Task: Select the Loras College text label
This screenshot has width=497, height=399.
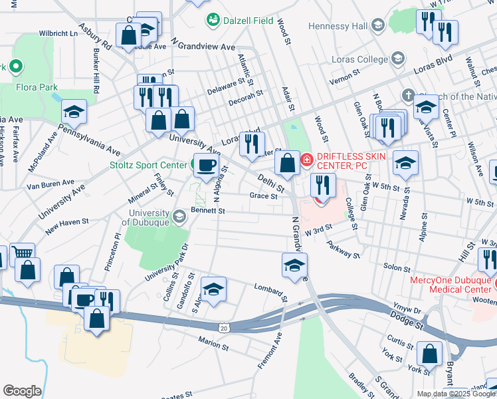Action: (359, 59)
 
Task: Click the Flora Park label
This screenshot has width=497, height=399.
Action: (38, 87)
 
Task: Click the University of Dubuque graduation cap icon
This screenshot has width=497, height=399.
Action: (179, 217)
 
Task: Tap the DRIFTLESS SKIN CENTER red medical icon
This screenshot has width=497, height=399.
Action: (307, 160)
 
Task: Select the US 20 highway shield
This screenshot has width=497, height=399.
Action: (223, 327)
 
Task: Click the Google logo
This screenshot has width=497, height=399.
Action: (22, 391)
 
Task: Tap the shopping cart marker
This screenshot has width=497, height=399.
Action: (23, 253)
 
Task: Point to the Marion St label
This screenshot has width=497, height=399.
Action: (213, 342)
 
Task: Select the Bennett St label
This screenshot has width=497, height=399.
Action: (209, 211)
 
